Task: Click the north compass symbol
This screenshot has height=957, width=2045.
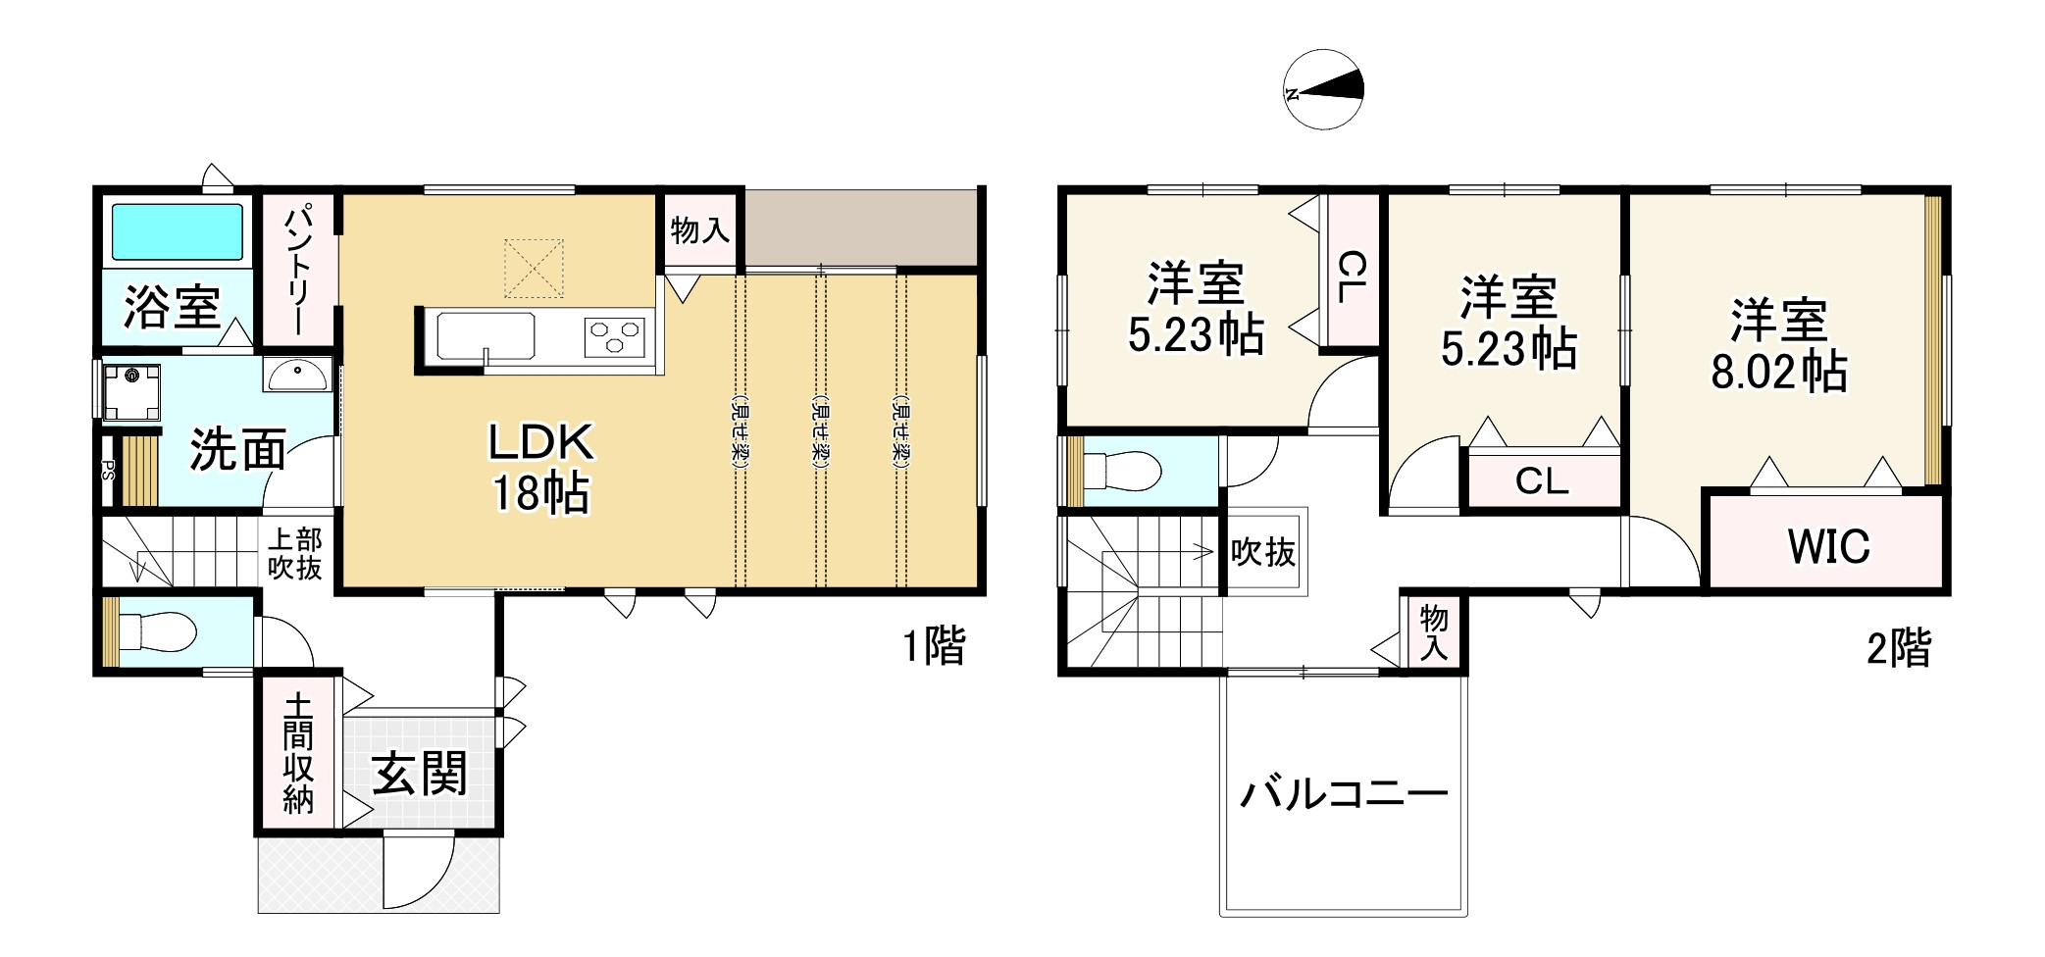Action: (1323, 89)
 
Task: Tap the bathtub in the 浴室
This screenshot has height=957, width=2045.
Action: (178, 231)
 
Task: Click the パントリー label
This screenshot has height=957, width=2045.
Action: (298, 270)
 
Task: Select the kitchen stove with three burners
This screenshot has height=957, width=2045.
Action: (615, 337)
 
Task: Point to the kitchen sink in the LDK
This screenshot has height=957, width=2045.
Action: (485, 337)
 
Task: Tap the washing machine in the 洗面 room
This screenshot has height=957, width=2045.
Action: (130, 390)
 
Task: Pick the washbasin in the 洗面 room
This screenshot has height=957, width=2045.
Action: (298, 376)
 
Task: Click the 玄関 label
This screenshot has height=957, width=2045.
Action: (420, 774)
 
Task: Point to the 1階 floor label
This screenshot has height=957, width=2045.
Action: (934, 646)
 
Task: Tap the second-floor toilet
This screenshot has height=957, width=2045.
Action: (1128, 472)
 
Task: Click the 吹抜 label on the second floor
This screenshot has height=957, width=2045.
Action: (1263, 553)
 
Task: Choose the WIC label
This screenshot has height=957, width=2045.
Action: (1828, 546)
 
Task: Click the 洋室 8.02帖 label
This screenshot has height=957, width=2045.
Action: (1779, 346)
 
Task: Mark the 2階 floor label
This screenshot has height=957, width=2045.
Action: (1898, 648)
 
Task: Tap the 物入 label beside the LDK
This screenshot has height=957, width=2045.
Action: (699, 231)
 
